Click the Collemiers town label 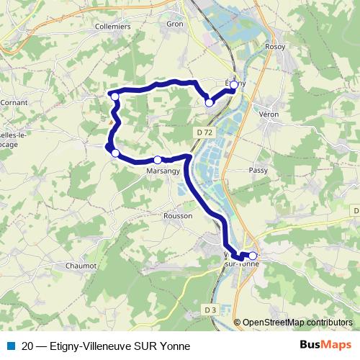point(112,26)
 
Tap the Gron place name point(176,23)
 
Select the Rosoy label point(275,46)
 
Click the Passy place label point(258,170)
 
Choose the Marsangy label point(163,171)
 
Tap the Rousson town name point(178,215)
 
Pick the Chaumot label point(81,266)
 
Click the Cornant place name point(14,102)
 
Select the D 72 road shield point(204,133)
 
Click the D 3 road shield point(210,310)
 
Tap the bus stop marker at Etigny point(234,84)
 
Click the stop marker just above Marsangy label point(158,160)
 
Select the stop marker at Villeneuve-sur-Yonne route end point(253,256)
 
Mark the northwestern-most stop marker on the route point(114,96)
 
